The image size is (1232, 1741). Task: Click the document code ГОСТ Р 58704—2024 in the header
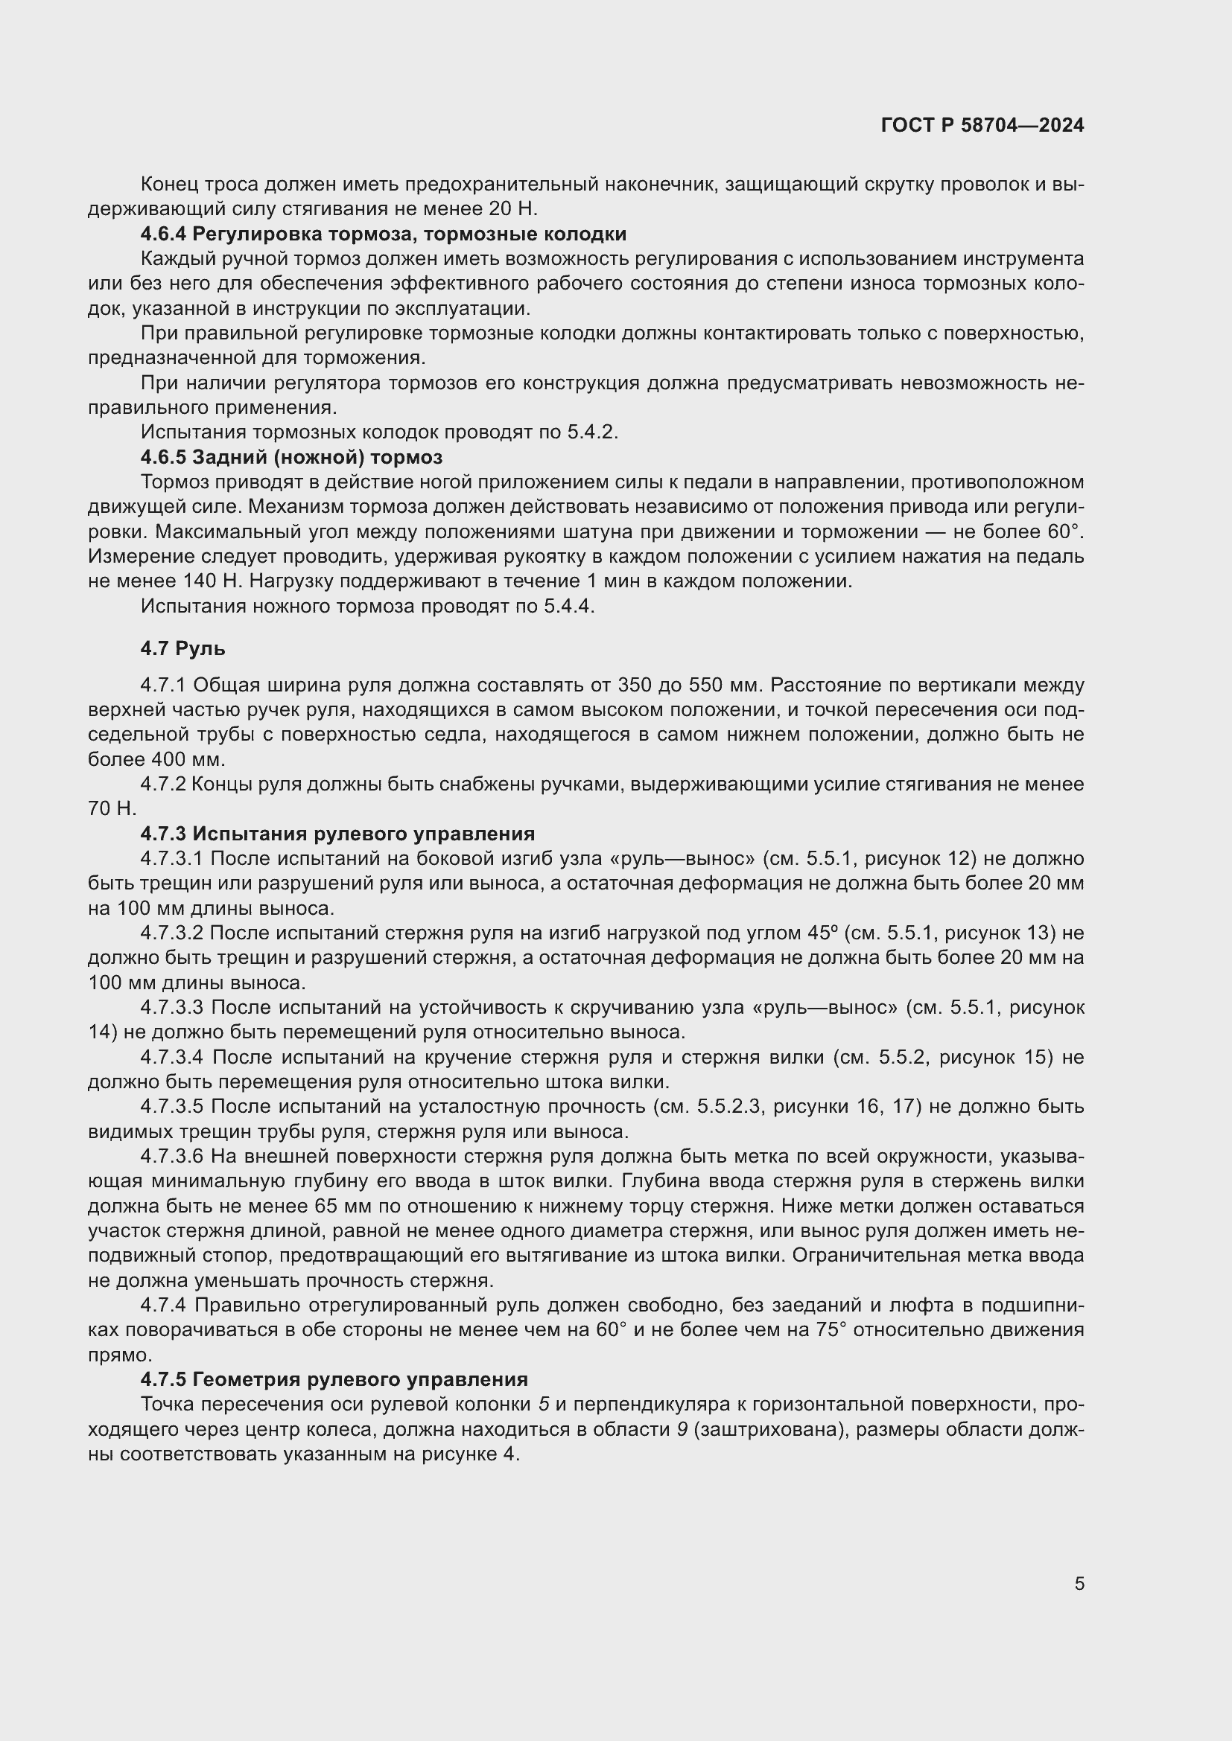982,125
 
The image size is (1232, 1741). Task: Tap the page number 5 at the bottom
1079,1583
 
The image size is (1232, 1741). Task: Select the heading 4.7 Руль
182,648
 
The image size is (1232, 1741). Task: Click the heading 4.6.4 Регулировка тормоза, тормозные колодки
383,234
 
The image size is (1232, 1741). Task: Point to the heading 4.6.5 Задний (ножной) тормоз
291,457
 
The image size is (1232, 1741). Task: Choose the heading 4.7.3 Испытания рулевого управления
337,834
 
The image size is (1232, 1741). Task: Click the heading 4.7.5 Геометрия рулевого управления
334,1379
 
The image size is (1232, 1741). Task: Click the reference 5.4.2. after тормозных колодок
592,432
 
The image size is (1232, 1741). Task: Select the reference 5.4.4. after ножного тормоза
569,606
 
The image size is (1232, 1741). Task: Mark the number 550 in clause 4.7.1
705,686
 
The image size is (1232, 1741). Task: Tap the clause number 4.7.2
163,784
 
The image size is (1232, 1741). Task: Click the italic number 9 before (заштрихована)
683,1430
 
